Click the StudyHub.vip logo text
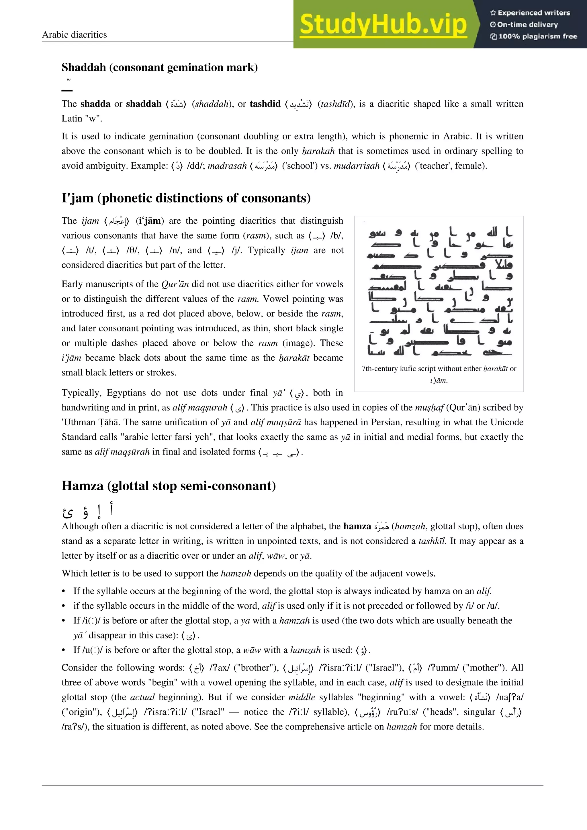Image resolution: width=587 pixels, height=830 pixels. pos(383,24)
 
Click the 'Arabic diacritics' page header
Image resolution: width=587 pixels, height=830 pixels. pos(74,35)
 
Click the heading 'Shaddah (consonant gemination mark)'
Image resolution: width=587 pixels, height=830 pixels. pos(159,67)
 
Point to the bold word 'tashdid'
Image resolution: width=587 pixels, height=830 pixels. pos(265,104)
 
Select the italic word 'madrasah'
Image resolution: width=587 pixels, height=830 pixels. pos(227,166)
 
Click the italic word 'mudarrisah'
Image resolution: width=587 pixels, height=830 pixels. pos(356,166)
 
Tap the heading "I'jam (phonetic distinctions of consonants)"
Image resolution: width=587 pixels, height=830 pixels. pos(186,198)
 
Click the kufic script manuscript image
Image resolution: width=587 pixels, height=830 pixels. pos(439,288)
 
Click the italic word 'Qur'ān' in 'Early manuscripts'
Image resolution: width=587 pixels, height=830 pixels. pos(175,284)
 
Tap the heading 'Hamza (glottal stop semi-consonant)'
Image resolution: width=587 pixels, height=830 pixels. pos(169,485)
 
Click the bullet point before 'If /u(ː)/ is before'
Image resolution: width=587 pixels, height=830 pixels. pos(64,650)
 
